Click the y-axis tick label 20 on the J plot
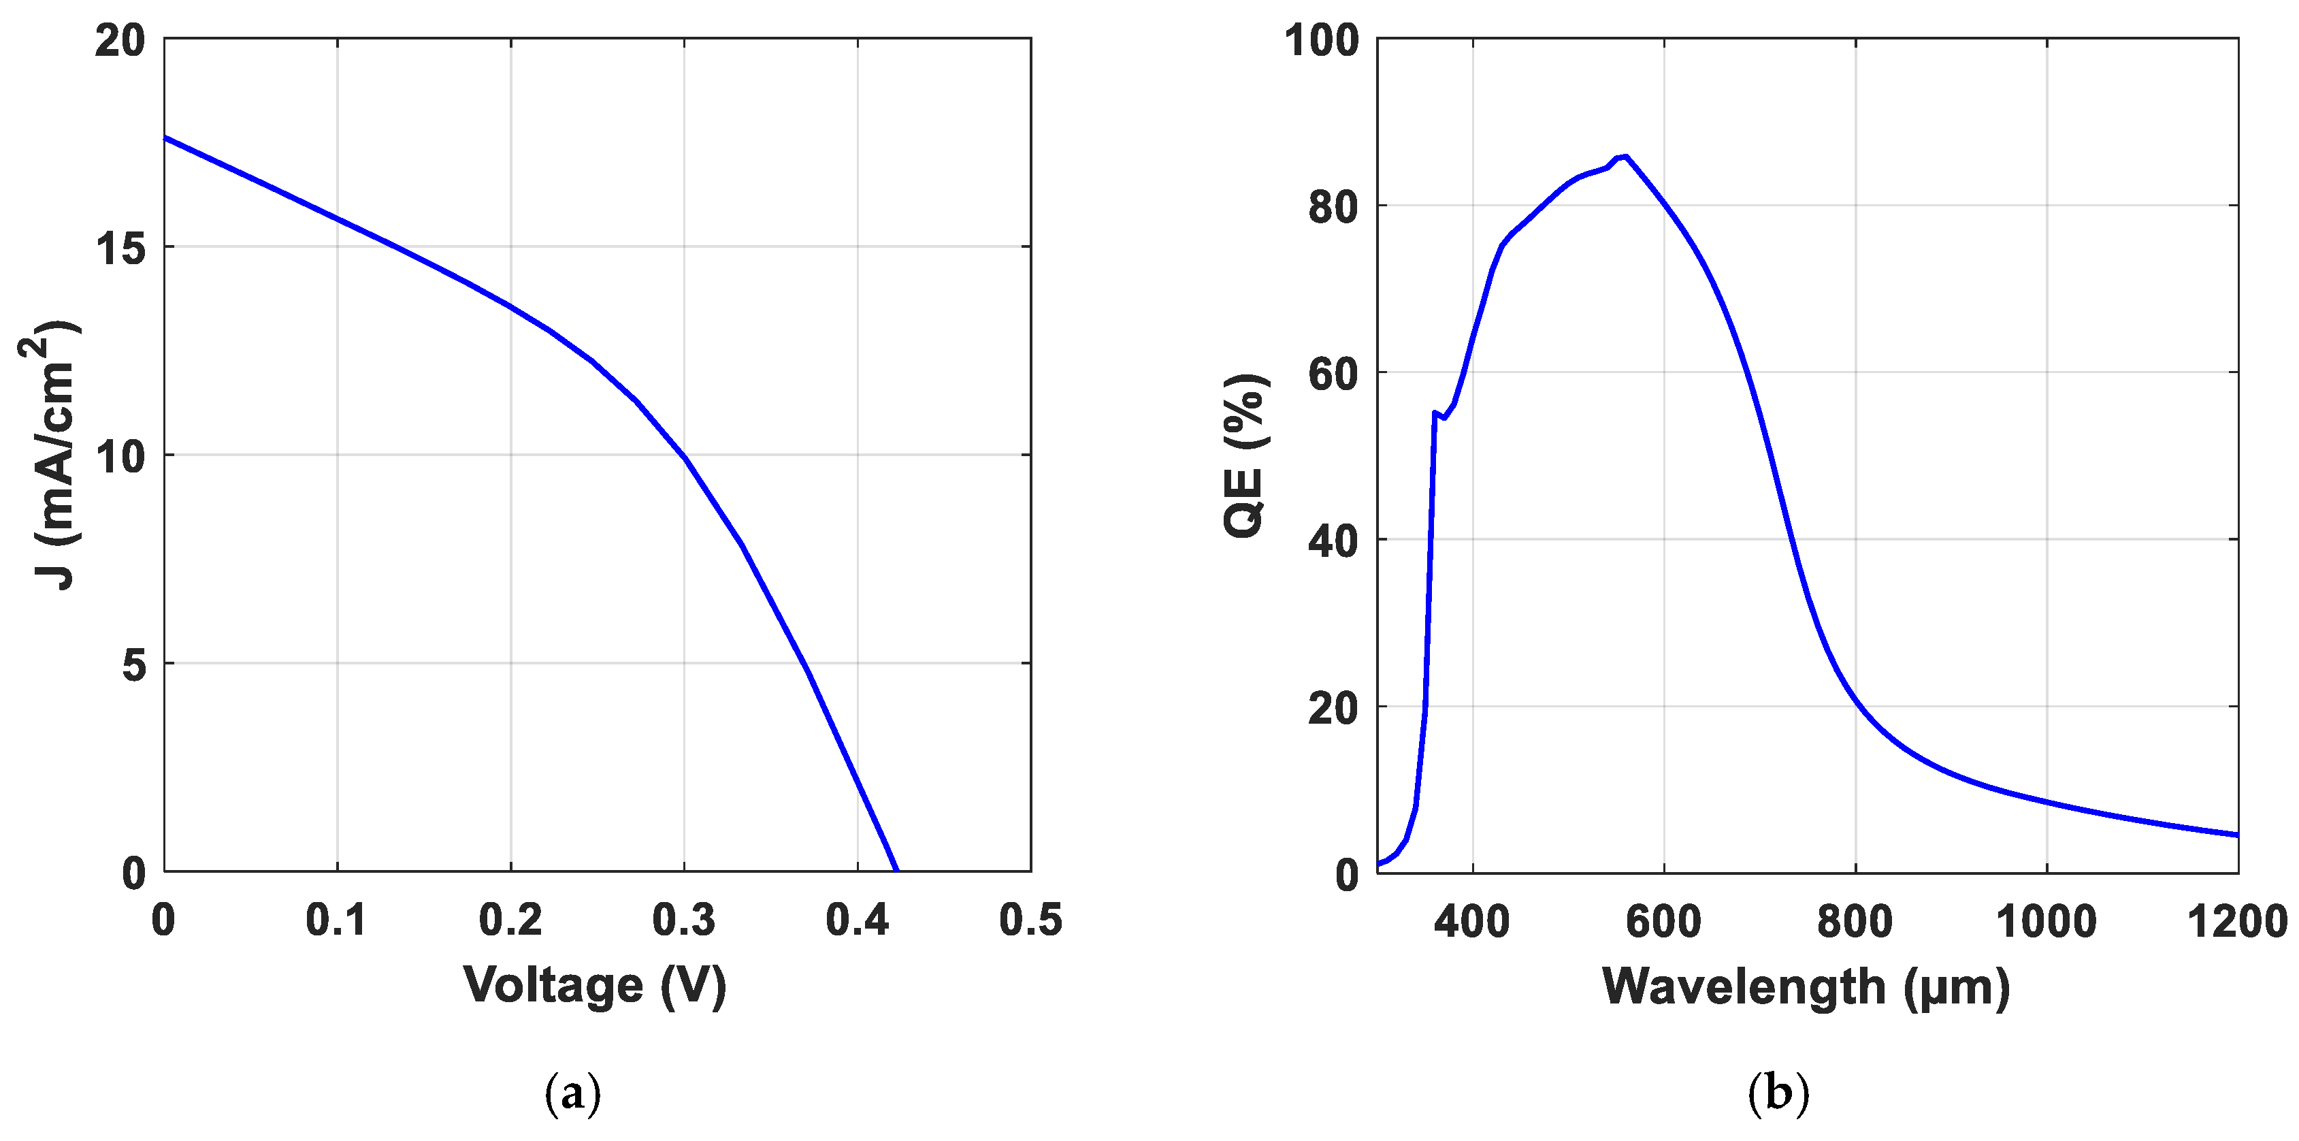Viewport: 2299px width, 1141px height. [120, 41]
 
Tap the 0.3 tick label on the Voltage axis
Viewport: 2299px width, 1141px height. [683, 920]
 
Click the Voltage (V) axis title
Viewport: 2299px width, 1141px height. [596, 986]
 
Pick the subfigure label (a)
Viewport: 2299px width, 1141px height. [572, 1092]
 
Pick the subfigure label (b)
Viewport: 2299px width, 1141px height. [1778, 1092]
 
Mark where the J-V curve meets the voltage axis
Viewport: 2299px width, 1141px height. [896, 871]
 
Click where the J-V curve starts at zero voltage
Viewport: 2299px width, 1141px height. [166, 138]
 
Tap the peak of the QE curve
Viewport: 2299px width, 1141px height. [1625, 156]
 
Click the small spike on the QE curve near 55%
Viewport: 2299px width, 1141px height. [1434, 413]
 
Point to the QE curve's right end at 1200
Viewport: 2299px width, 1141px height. [2236, 835]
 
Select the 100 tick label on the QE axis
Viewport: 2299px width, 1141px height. [1321, 41]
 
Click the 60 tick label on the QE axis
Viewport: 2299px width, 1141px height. [1333, 374]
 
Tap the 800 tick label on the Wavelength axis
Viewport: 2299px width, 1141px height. [1855, 920]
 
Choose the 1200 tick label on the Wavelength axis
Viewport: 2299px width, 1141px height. [2236, 920]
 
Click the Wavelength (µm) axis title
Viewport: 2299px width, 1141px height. [1806, 986]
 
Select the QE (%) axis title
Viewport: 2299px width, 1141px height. [1245, 455]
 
